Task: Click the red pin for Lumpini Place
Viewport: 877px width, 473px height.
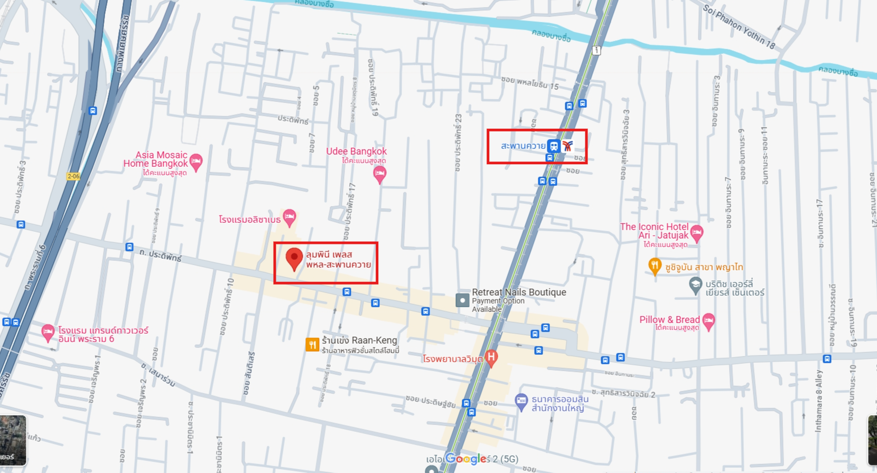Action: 294,258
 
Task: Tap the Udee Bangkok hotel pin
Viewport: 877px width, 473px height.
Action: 379,173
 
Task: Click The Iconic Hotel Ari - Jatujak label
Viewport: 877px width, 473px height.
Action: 654,231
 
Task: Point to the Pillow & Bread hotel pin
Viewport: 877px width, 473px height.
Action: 708,320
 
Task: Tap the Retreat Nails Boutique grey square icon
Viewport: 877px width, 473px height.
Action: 462,300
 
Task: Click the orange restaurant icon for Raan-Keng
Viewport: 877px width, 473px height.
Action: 312,345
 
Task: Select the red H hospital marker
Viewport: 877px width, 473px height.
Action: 491,358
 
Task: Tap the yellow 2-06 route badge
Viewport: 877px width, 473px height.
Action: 73,176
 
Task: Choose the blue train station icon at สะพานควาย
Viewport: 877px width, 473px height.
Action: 553,146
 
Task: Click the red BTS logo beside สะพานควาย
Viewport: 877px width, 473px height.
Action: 567,146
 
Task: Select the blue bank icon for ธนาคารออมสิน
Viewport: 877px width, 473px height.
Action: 521,401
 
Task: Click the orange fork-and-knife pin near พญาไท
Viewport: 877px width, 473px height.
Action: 655,266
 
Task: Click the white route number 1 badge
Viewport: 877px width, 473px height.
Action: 596,51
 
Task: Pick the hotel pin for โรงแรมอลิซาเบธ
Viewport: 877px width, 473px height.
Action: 289,216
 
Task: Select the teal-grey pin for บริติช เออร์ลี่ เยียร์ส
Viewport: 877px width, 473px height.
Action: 695,285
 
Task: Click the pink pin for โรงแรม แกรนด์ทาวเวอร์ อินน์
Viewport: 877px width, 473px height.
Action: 48,333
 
